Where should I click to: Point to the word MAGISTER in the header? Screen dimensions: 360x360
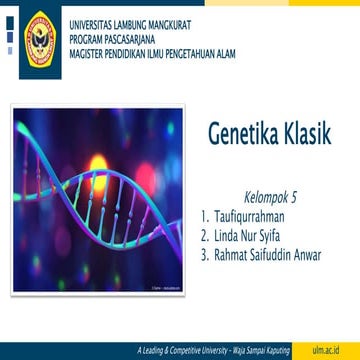[x=87, y=46]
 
